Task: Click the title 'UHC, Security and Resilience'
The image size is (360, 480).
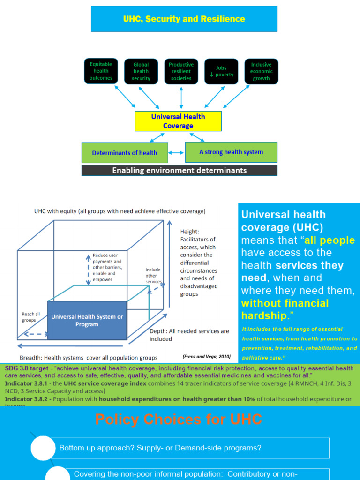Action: pyautogui.click(x=184, y=19)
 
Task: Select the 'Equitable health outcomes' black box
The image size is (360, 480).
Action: pyautogui.click(x=101, y=71)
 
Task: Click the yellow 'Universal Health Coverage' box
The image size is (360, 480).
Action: pyautogui.click(x=178, y=121)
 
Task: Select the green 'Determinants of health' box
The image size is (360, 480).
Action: pyautogui.click(x=124, y=153)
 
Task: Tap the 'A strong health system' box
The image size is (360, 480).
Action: pyautogui.click(x=231, y=152)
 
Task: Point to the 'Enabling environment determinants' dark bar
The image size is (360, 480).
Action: pyautogui.click(x=180, y=171)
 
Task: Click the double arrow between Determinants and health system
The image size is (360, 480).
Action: pyautogui.click(x=176, y=153)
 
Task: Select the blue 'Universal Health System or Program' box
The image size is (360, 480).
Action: pyautogui.click(x=87, y=321)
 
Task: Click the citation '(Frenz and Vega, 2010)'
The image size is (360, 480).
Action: pyautogui.click(x=207, y=356)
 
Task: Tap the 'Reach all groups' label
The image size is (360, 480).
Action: pyautogui.click(x=31, y=317)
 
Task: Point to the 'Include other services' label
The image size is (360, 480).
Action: pyautogui.click(x=153, y=276)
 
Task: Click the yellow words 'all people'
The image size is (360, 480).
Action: pyautogui.click(x=330, y=240)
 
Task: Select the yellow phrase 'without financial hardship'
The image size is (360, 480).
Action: pyautogui.click(x=285, y=309)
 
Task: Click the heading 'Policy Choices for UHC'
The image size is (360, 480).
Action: pyautogui.click(x=179, y=419)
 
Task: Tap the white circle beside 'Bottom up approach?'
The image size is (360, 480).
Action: pyautogui.click(x=43, y=448)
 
